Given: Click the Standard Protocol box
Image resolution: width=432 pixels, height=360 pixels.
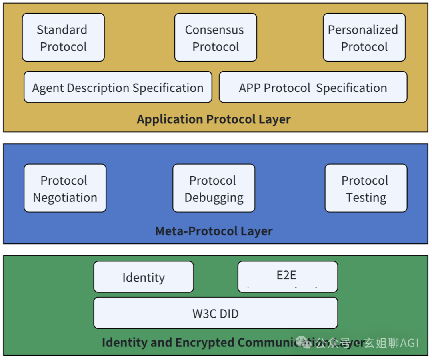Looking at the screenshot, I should [63, 38].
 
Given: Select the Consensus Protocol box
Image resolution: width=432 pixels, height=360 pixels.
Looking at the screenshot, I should [216, 38].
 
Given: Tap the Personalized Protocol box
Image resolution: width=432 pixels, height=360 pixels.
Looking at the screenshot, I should [364, 38].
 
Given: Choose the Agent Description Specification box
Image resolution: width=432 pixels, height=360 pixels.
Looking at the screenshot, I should [118, 87].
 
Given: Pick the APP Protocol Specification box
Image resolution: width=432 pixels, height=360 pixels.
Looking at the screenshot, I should [313, 87].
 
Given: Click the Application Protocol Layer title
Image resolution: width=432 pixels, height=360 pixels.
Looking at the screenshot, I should [214, 119].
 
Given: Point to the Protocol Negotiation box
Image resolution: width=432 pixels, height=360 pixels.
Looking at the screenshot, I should [65, 188].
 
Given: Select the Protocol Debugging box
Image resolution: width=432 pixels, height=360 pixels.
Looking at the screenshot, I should [214, 188].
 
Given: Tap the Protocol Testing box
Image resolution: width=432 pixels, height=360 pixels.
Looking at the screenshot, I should [366, 188].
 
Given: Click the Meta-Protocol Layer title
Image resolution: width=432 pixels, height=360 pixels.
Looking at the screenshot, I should [214, 231].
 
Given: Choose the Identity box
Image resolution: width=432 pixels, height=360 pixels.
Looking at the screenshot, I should [143, 277].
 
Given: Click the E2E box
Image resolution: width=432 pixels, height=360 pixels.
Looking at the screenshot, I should [287, 276].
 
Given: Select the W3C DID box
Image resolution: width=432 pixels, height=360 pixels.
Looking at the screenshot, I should [216, 314].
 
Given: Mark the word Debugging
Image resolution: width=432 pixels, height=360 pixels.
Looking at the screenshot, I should [214, 198].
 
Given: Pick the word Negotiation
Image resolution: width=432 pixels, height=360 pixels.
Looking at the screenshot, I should [65, 198].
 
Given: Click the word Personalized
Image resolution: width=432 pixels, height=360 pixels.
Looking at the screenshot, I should [363, 30].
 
